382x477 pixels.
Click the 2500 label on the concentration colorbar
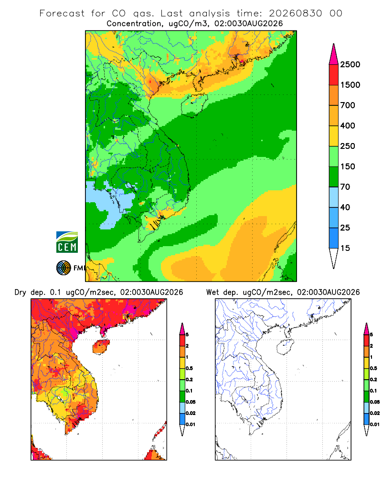click(350, 64)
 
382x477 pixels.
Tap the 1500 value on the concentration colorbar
click(350, 85)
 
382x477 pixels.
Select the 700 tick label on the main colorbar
click(348, 105)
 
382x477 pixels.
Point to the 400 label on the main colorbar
click(348, 125)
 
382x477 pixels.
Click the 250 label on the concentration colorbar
click(348, 146)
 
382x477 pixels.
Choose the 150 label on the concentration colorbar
click(348, 166)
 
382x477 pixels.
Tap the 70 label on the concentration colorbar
click(345, 187)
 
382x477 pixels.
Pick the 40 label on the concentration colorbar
click(345, 207)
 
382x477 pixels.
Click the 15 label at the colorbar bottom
click(345, 248)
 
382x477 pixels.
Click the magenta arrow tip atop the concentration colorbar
click(334, 44)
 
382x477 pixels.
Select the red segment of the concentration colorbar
click(334, 75)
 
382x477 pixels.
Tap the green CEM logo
click(67, 242)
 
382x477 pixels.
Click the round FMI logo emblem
click(64, 268)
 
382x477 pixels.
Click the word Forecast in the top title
click(62, 13)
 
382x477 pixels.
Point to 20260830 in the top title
click(295, 13)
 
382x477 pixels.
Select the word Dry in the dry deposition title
click(21, 292)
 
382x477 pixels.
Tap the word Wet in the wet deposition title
click(212, 292)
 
